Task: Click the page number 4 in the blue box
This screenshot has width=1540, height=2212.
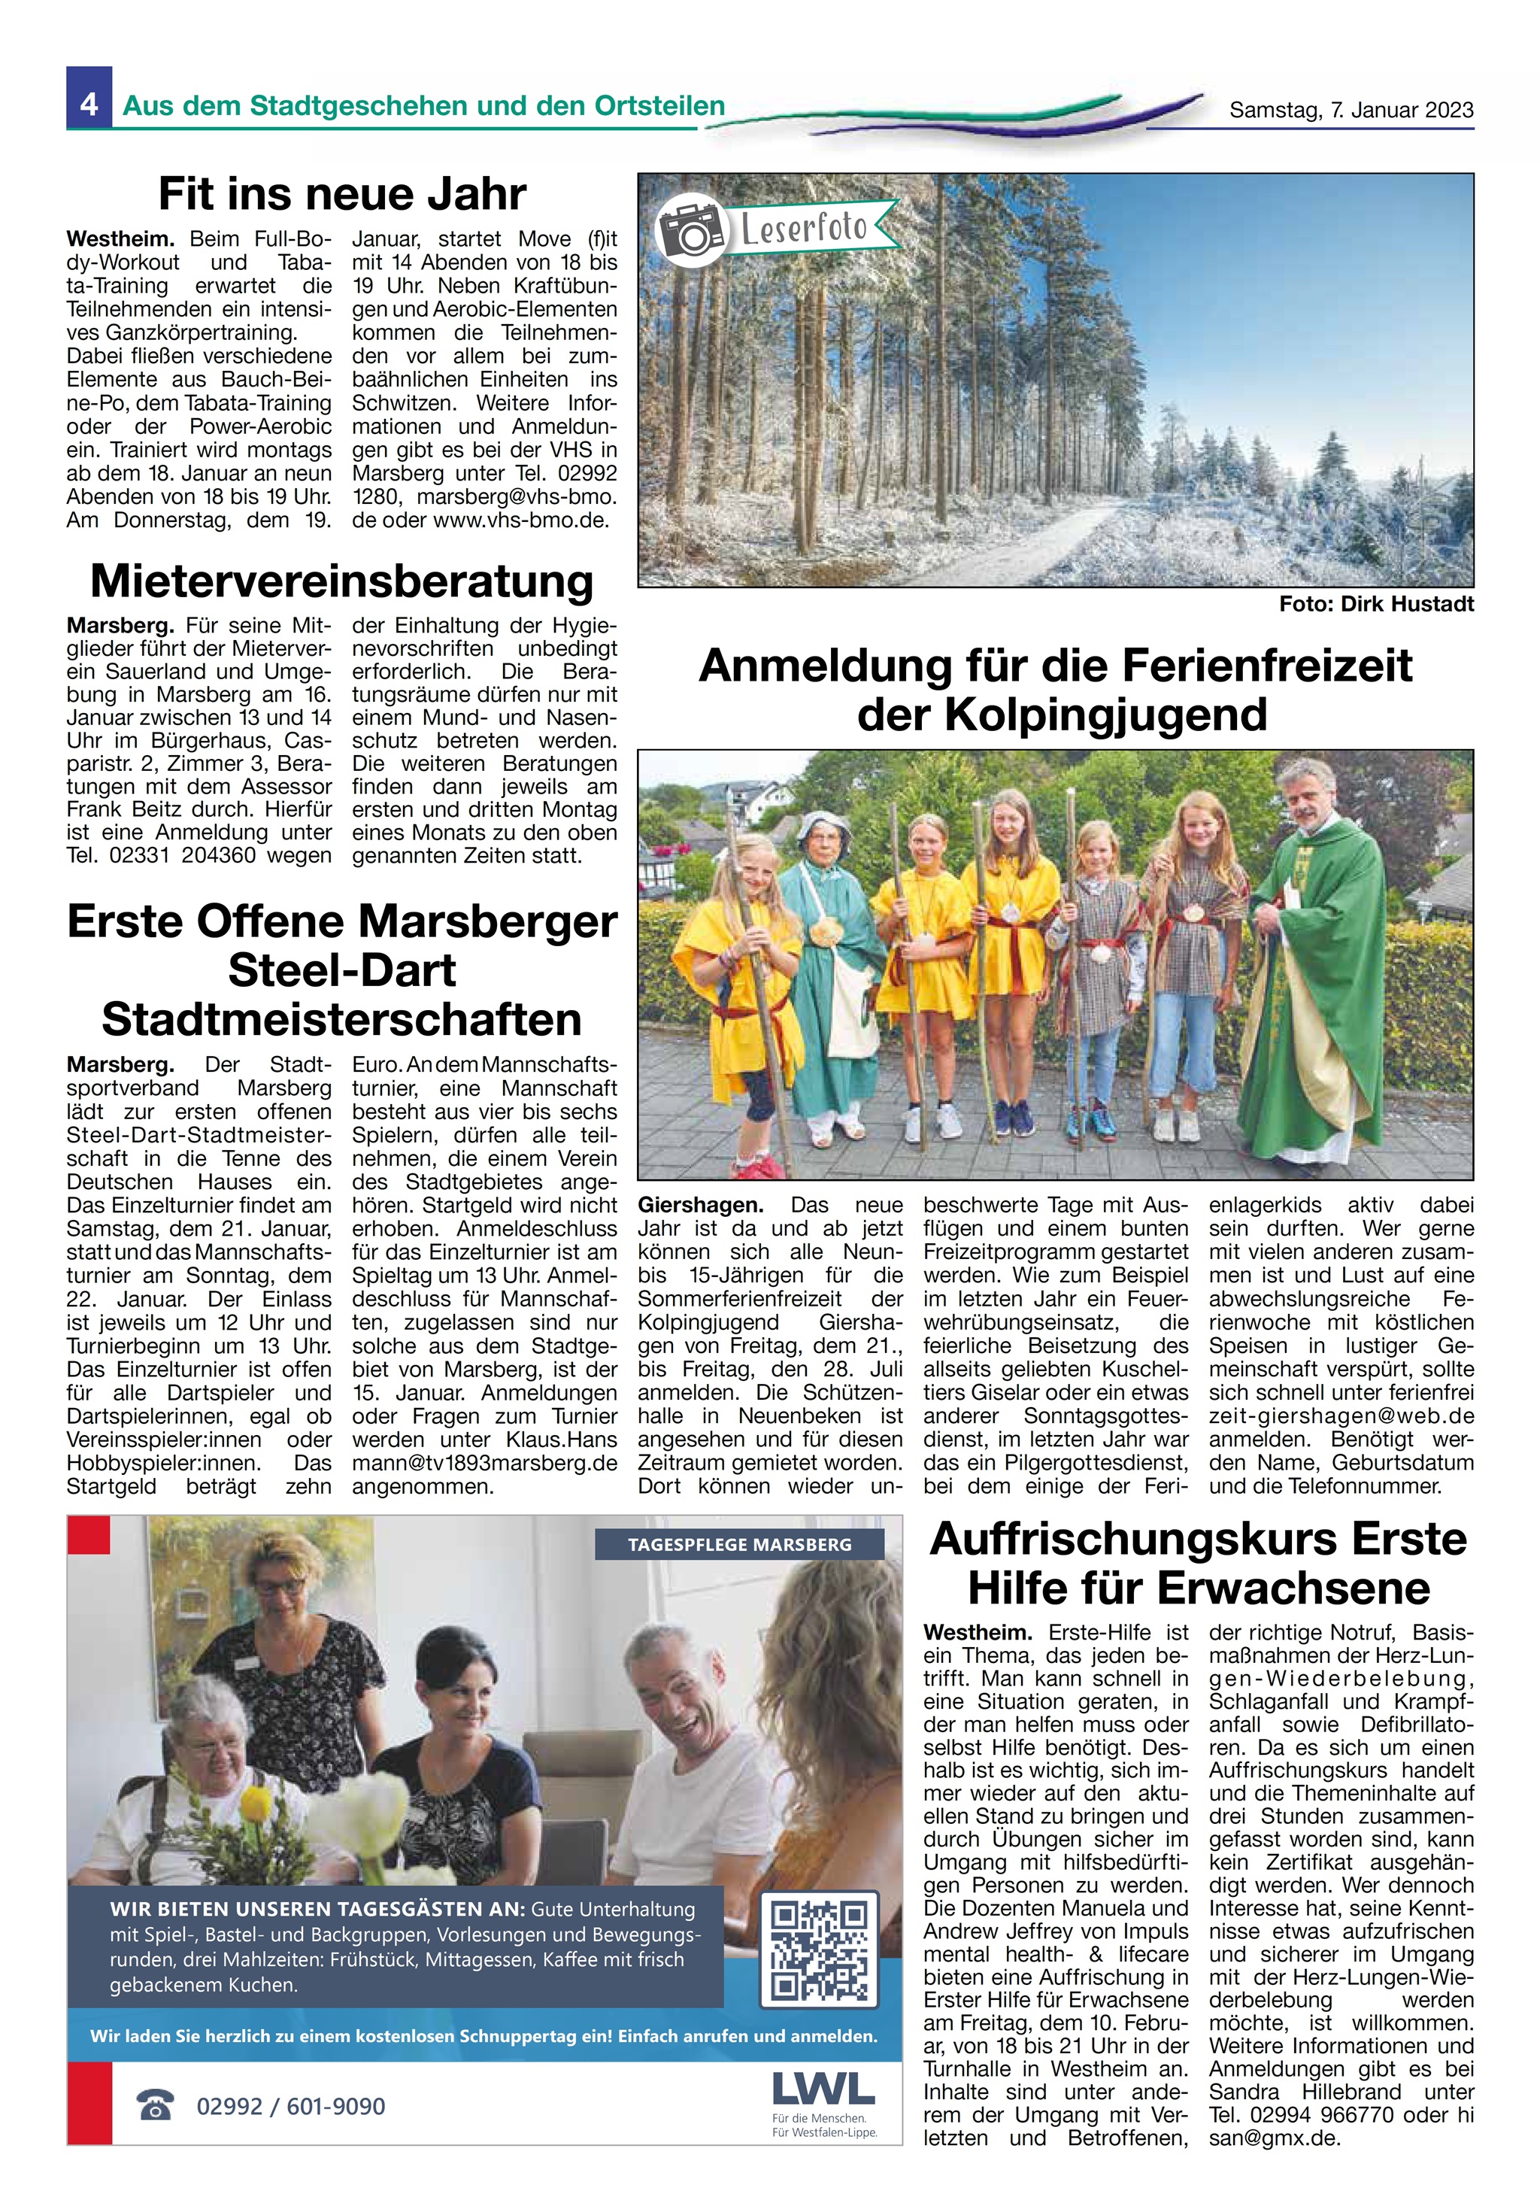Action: (x=89, y=103)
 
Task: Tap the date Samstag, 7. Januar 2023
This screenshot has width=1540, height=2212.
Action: (x=1351, y=111)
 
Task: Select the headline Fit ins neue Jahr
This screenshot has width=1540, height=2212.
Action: (x=342, y=193)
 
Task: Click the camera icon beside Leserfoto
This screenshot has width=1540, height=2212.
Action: (x=690, y=231)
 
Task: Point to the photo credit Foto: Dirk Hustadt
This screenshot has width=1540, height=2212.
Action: (x=1375, y=604)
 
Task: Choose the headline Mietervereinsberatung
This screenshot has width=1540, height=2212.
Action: (x=342, y=581)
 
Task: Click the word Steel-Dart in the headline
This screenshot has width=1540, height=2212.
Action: (x=342, y=970)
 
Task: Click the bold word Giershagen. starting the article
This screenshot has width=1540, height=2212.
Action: (x=700, y=1205)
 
